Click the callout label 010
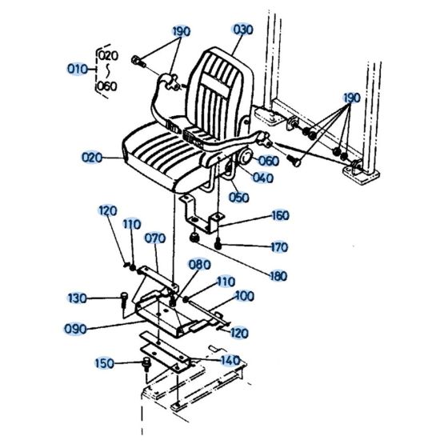pos(77,69)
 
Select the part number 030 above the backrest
pos(242,30)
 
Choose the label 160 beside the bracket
pos(279,215)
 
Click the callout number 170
pos(279,246)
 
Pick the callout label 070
pos(154,238)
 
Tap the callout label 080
pos(199,265)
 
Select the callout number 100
pos(245,296)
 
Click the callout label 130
pos(77,298)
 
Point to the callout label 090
pos(77,327)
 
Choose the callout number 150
pos(105,363)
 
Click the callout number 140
pos(230,360)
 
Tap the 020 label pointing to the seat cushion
pos(93,158)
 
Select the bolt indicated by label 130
pos(125,300)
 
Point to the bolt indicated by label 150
pos(146,365)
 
